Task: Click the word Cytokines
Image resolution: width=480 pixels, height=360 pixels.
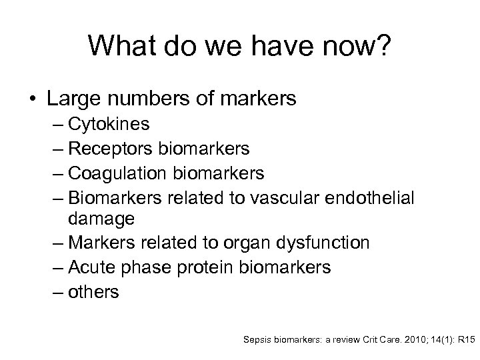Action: tap(113, 125)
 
